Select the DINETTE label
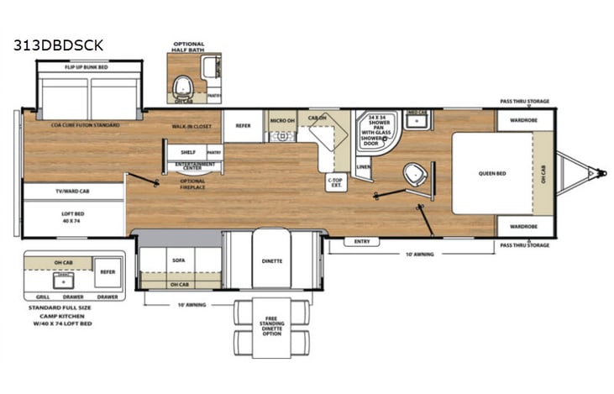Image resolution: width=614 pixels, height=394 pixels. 270,260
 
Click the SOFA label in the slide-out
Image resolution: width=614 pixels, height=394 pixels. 178,260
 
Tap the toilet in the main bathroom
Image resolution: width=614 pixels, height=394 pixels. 412,176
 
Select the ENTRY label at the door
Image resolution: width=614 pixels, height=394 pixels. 362,241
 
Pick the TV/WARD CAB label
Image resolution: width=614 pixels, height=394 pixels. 73,192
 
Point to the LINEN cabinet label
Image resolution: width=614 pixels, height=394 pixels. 363,166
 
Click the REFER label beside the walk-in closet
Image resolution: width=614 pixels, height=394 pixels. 244,125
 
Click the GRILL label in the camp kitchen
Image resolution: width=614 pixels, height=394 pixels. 43,297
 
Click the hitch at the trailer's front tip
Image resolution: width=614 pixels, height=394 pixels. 601,174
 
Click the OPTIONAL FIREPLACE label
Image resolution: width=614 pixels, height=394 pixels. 192,184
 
